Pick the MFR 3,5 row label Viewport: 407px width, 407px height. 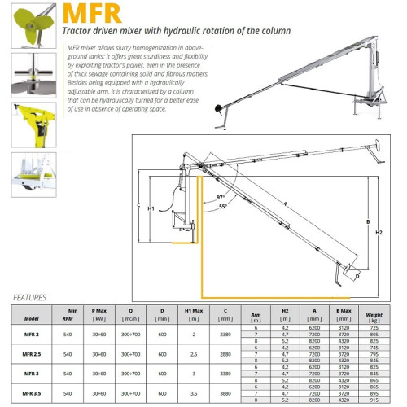pos(33,394)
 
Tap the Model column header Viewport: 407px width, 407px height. pos(33,317)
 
